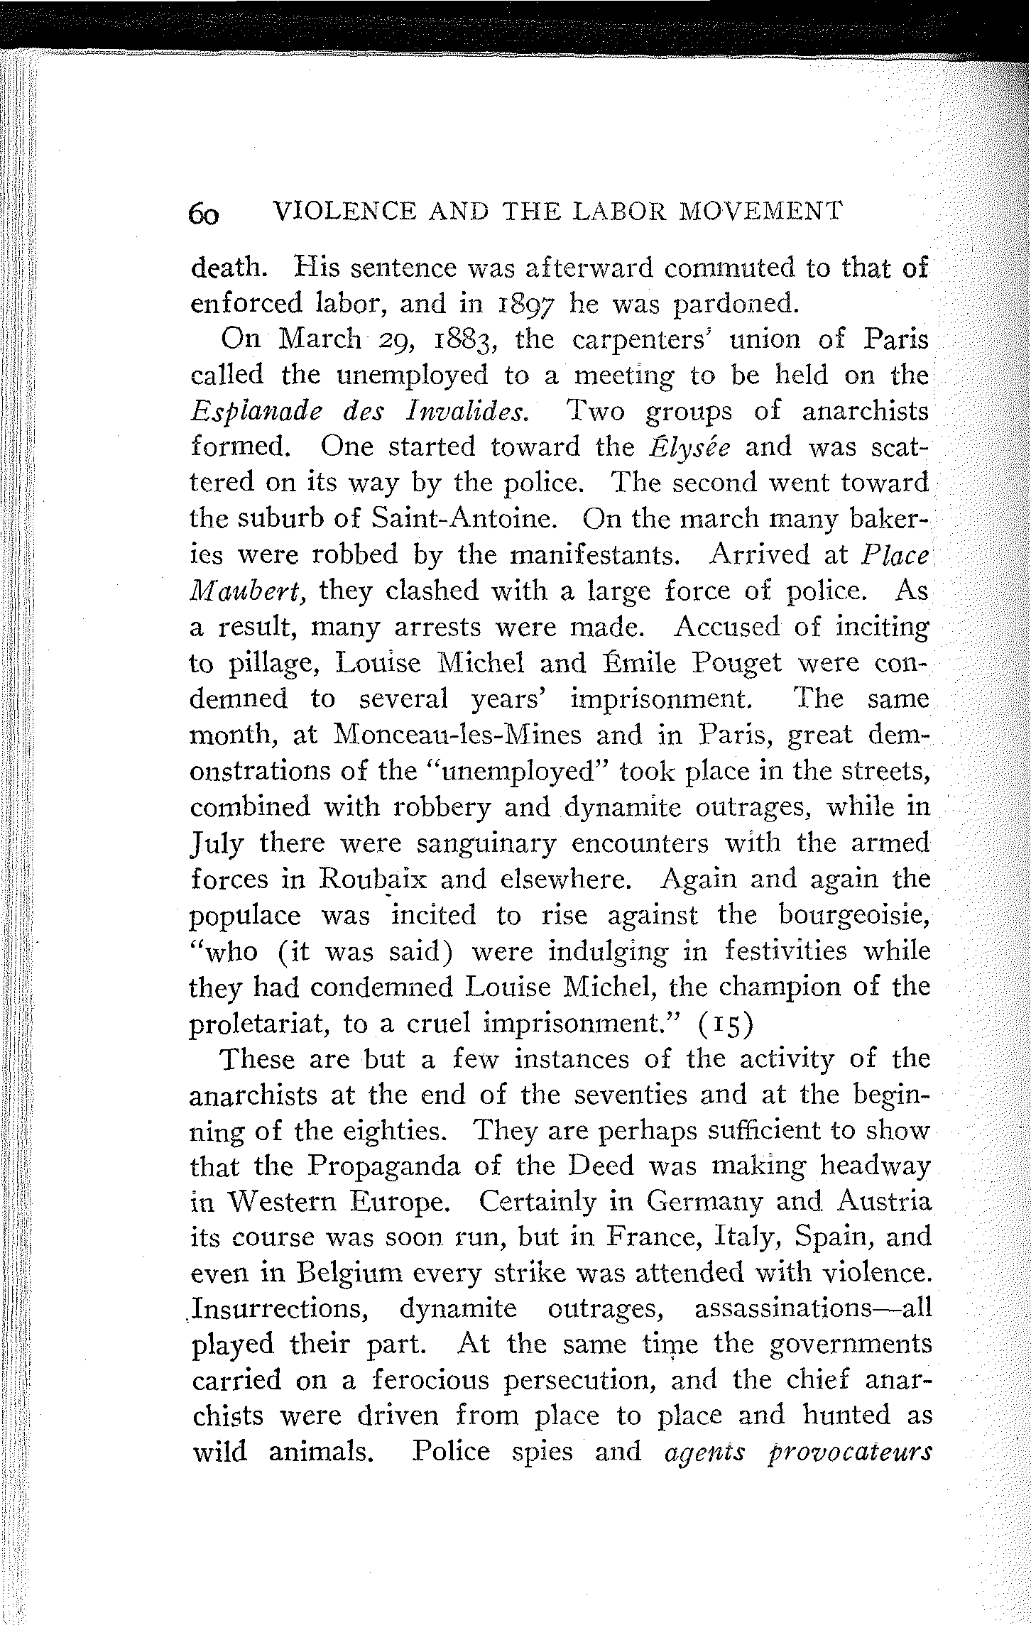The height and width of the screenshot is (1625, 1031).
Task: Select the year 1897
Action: (x=521, y=304)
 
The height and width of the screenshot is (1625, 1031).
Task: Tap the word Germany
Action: (x=704, y=1203)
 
